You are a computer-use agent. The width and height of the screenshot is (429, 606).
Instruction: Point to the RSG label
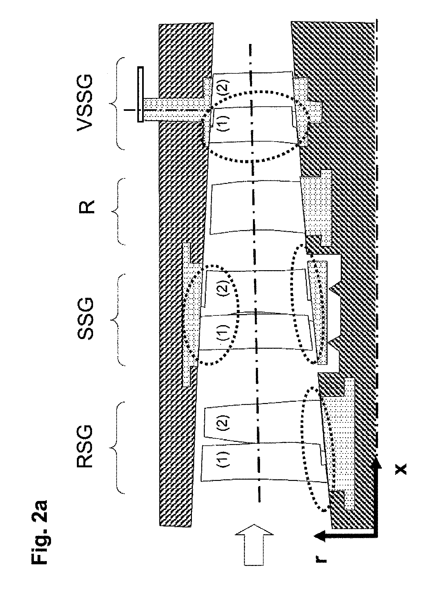[x=84, y=448]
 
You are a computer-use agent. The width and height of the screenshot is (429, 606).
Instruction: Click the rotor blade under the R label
[x=255, y=208]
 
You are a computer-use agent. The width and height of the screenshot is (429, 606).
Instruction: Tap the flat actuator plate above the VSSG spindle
[x=140, y=94]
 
